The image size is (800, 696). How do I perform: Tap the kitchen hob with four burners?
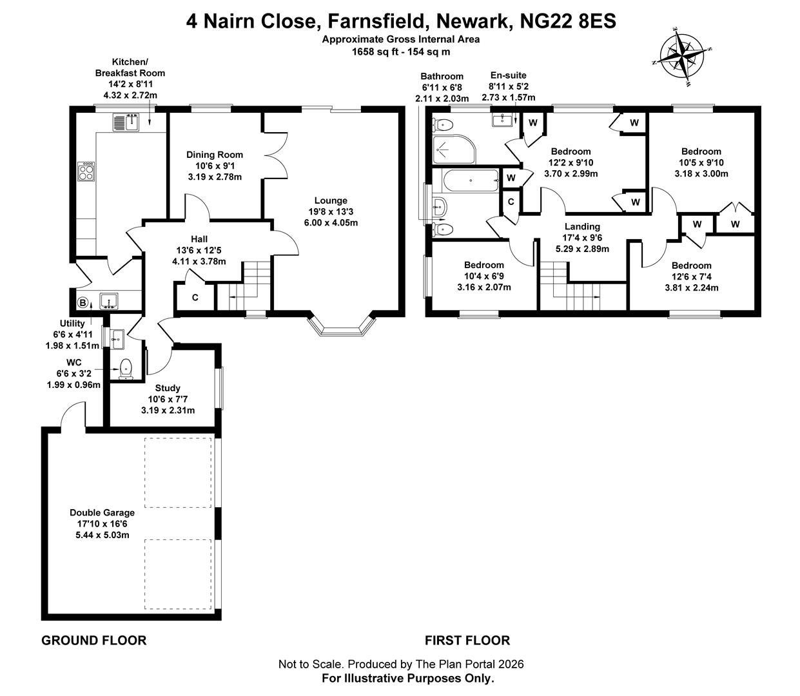(86, 171)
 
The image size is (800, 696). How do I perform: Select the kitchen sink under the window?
(127, 121)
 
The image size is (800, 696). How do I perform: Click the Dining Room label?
(215, 155)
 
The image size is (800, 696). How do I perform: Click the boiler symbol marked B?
(83, 302)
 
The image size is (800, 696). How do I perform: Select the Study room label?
(168, 388)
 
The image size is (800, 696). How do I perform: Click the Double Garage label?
(102, 512)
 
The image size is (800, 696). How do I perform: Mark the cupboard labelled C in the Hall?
(194, 298)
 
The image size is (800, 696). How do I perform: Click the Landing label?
(582, 226)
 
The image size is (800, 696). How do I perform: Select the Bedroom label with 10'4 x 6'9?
(484, 265)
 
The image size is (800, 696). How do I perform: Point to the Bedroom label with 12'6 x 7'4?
(691, 266)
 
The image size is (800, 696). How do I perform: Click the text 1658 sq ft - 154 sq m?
(400, 52)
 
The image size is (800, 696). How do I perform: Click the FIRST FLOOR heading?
(467, 640)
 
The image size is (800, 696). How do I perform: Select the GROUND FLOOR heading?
(94, 640)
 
